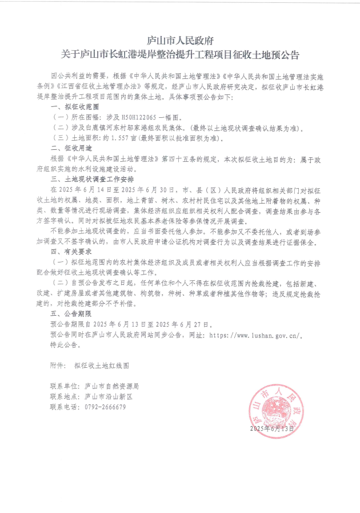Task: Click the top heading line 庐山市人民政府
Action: coord(180,41)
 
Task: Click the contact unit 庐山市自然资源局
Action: coord(111,386)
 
